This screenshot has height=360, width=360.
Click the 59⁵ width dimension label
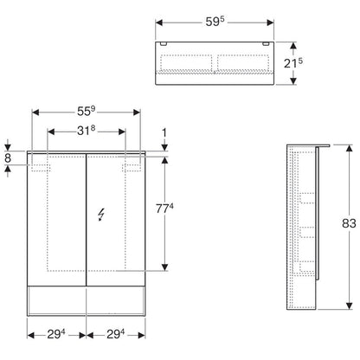(215, 22)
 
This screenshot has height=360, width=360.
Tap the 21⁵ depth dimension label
(293, 63)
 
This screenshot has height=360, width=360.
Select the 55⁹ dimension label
(86, 112)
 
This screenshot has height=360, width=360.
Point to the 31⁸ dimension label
(86, 131)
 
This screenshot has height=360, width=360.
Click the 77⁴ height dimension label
(164, 209)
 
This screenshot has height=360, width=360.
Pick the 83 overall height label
(349, 223)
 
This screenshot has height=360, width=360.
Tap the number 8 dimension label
(8, 158)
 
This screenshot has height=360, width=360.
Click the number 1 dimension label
(164, 133)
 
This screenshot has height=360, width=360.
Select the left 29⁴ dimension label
(56, 334)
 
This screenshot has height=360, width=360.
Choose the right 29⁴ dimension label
(115, 334)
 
